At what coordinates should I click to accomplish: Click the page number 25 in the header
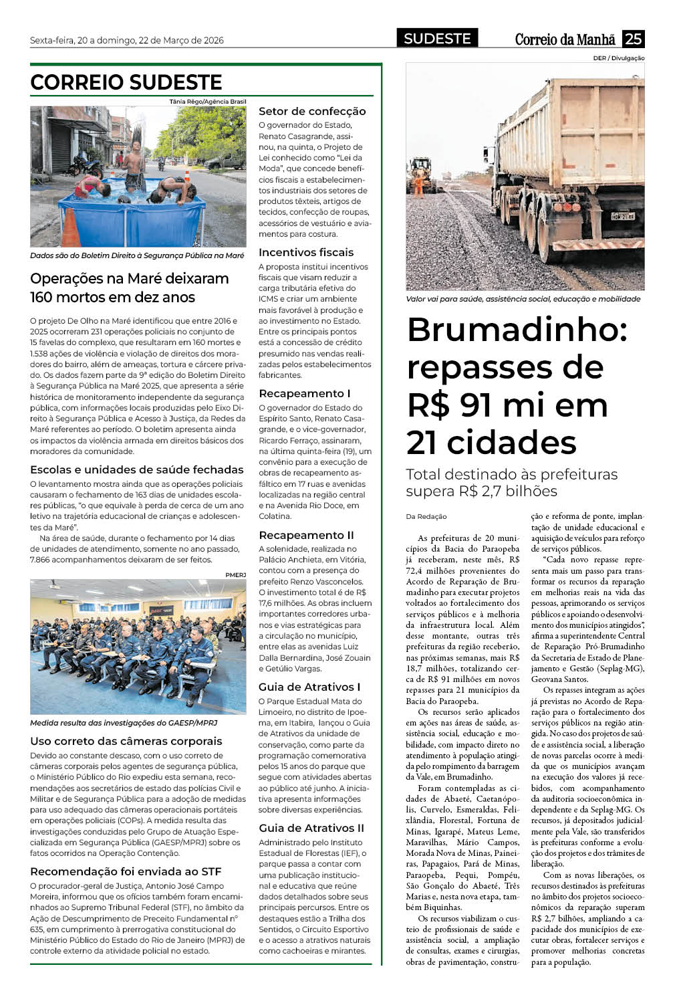pyautogui.click(x=633, y=39)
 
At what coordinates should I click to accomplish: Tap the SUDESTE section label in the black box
pyautogui.click(x=437, y=39)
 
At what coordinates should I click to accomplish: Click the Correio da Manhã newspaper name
pyautogui.click(x=565, y=39)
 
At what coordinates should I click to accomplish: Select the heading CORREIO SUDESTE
pyautogui.click(x=126, y=82)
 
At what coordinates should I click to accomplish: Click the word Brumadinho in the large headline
pyautogui.click(x=517, y=330)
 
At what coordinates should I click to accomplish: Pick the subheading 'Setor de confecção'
pyautogui.click(x=312, y=111)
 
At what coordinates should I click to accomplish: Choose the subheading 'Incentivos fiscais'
pyautogui.click(x=306, y=252)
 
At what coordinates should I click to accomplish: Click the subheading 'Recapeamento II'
pyautogui.click(x=306, y=535)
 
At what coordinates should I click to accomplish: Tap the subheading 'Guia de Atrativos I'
pyautogui.click(x=309, y=687)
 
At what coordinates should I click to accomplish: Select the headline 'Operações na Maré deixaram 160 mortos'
pyautogui.click(x=130, y=288)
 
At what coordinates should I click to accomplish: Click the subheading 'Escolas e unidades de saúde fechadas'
pyautogui.click(x=137, y=469)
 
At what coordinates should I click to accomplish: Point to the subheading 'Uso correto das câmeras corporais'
pyautogui.click(x=126, y=741)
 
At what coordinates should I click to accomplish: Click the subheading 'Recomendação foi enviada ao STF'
pyautogui.click(x=126, y=871)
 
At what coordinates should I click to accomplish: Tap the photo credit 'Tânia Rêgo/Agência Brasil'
pyautogui.click(x=208, y=102)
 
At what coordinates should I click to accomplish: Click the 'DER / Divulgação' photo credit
pyautogui.click(x=618, y=58)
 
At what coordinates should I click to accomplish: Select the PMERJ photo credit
pyautogui.click(x=235, y=574)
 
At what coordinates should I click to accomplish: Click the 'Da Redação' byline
pyautogui.click(x=426, y=516)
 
